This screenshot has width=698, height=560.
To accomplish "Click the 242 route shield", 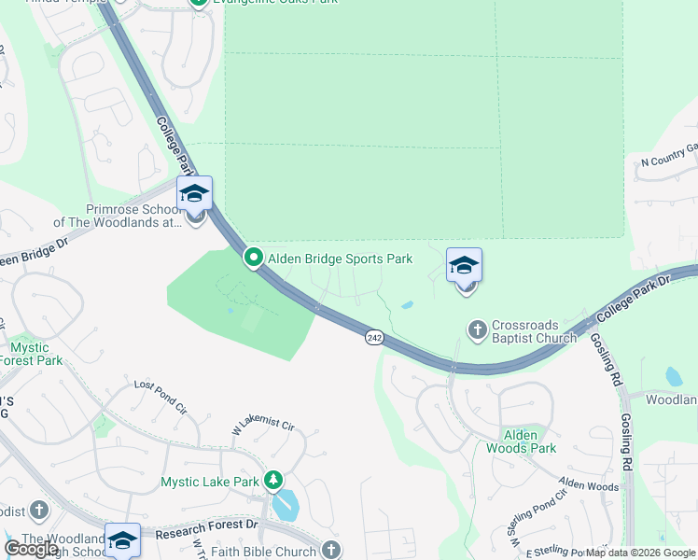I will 374,337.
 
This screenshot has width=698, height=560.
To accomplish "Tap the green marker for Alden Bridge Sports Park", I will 253,258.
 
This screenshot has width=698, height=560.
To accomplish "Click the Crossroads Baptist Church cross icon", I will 478,329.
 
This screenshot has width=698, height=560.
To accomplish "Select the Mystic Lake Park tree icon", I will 273,481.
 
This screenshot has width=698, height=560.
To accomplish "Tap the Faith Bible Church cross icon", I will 330,550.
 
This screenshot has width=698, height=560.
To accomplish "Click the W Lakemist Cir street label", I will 262,426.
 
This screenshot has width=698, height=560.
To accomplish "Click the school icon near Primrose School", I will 195,194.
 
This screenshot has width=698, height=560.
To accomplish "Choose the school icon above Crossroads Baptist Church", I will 464,266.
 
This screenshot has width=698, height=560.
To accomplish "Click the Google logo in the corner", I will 32,549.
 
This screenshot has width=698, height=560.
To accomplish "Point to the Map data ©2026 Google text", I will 640,553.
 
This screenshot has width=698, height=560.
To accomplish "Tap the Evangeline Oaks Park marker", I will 199,3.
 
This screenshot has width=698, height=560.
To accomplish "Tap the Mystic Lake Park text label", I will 209,482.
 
